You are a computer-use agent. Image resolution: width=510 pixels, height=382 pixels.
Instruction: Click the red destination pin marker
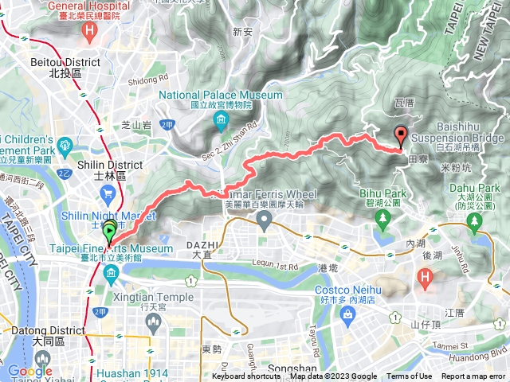coord(400,135)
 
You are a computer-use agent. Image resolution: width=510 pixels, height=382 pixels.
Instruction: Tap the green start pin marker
coord(108,233)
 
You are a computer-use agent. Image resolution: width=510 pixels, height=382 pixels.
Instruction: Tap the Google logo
coord(29,371)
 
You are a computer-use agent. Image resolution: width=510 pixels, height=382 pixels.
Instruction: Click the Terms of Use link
coord(410,376)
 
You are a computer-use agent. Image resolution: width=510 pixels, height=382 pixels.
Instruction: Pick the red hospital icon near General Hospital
coord(90,32)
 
